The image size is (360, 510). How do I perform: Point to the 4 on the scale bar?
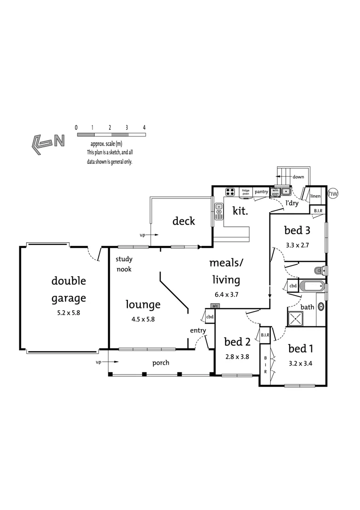144,128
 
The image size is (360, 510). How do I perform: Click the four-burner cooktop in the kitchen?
230,192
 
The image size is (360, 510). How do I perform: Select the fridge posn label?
246,192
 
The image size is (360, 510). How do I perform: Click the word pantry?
261,192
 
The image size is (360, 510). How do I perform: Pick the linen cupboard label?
316,196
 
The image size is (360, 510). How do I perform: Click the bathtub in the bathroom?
312,286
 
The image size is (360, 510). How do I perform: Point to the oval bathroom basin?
321,306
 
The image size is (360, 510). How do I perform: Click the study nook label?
124,264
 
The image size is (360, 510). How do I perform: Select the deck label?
184,221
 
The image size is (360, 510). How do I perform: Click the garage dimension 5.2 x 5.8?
69,312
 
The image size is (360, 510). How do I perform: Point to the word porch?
160,363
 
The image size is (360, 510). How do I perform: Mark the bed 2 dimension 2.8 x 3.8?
237,357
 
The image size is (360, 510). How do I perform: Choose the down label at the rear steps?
298,177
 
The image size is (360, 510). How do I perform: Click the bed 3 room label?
297,230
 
